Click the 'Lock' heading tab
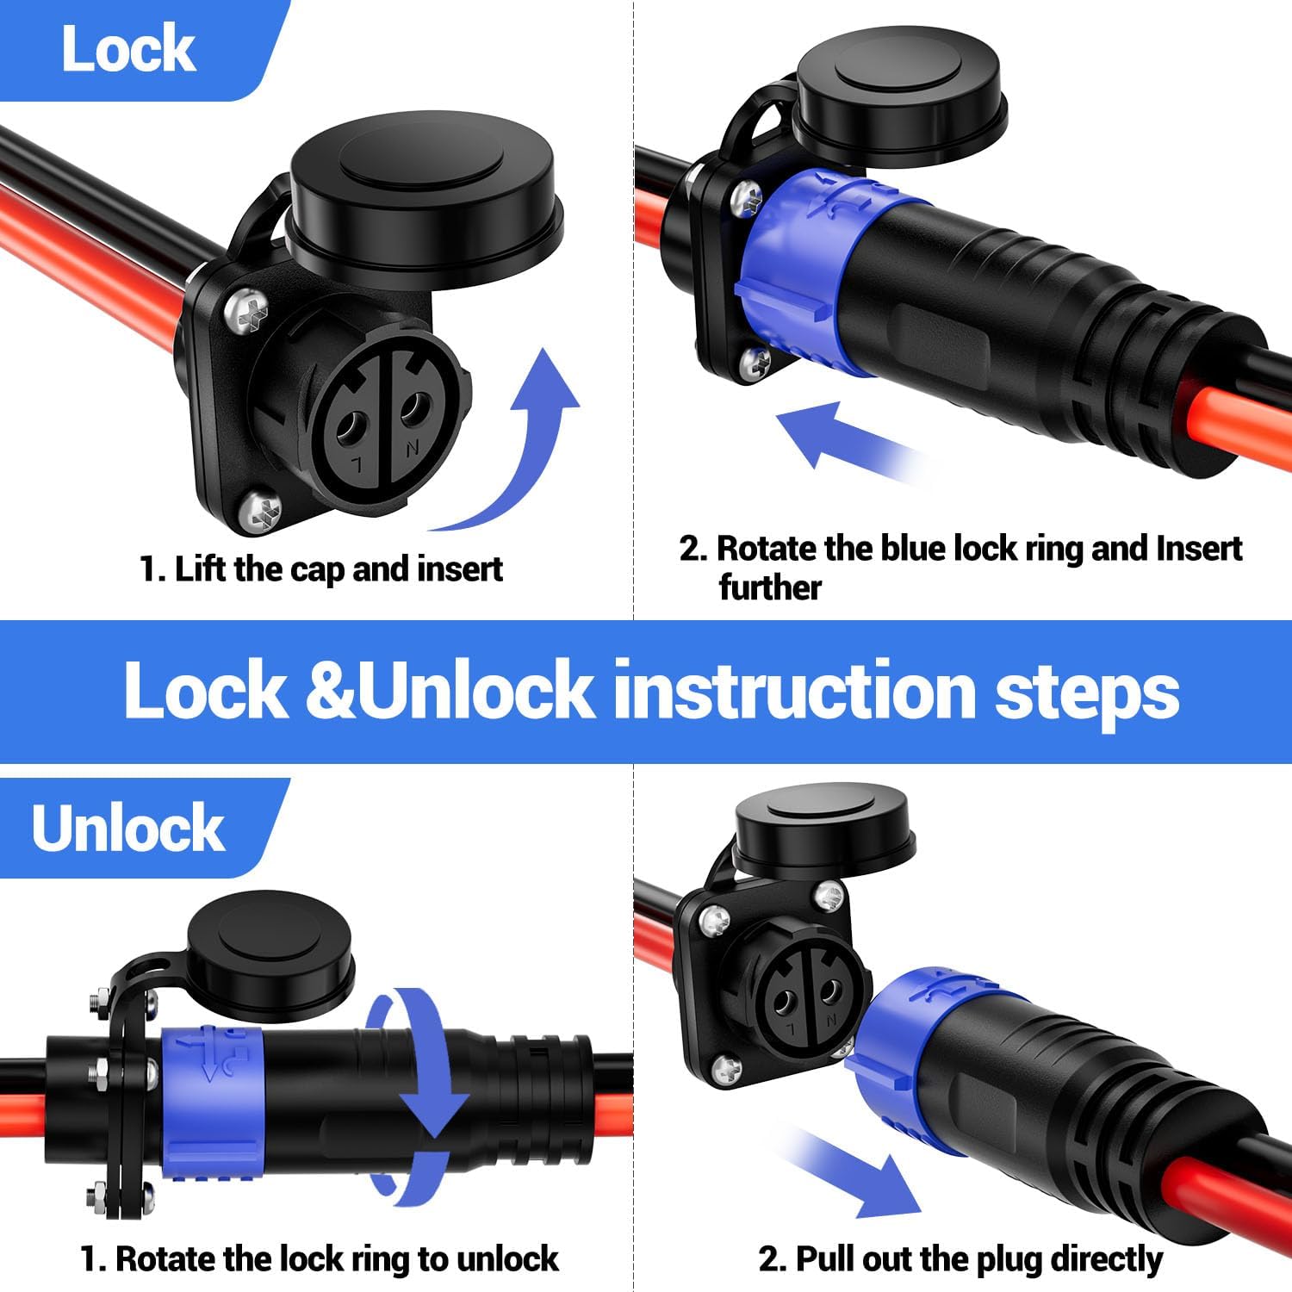(129, 50)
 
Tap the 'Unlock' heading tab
(129, 829)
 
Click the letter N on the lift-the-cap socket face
(413, 448)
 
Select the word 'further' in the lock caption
(770, 588)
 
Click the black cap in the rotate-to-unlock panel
(270, 958)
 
